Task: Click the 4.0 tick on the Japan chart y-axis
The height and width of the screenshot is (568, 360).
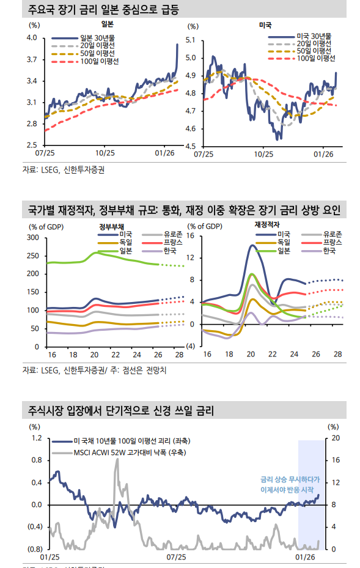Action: [32, 38]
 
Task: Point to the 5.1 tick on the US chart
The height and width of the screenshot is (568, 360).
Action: [190, 40]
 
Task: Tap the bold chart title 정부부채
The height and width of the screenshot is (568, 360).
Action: [110, 226]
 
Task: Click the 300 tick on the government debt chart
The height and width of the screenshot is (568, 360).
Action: [33, 237]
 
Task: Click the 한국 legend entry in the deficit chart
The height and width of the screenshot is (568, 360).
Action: [329, 251]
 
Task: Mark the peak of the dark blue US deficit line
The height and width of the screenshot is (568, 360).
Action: [253, 245]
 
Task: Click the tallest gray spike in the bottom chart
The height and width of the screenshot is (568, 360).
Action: [117, 460]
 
